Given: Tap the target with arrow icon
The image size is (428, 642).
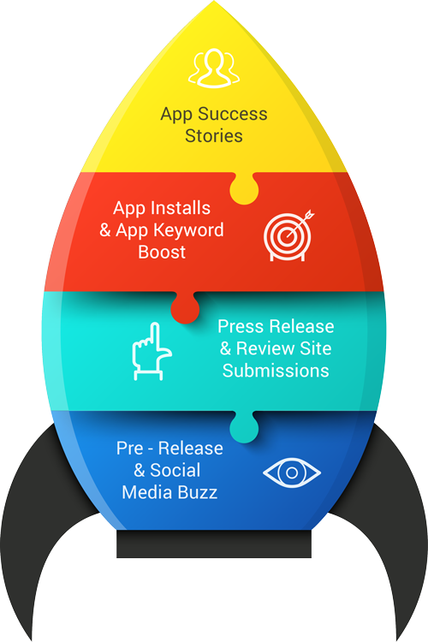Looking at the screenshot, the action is tap(288, 235).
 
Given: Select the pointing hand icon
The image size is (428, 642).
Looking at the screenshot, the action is tap(152, 351).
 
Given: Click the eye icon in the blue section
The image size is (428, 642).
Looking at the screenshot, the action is tap(292, 473).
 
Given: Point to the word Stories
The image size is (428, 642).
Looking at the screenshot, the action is tap(214, 135).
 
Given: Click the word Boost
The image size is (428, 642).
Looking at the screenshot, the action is tap(162, 252).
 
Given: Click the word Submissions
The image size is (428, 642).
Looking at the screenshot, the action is tap(276, 371).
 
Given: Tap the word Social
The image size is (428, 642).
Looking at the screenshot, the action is tap(175, 470).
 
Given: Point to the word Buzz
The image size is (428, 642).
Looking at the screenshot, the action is tap(199, 492).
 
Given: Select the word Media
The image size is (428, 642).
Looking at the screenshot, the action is tap(149, 492).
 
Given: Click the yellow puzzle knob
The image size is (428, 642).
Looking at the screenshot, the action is tap(244, 188).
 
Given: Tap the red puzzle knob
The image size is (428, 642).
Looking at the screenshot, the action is tap(185, 307).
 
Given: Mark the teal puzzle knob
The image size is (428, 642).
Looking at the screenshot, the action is tap(244, 426).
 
